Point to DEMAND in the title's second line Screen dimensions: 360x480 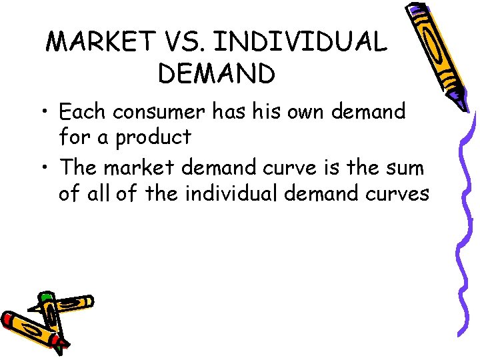[x=217, y=74]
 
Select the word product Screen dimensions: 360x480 [x=153, y=137]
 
